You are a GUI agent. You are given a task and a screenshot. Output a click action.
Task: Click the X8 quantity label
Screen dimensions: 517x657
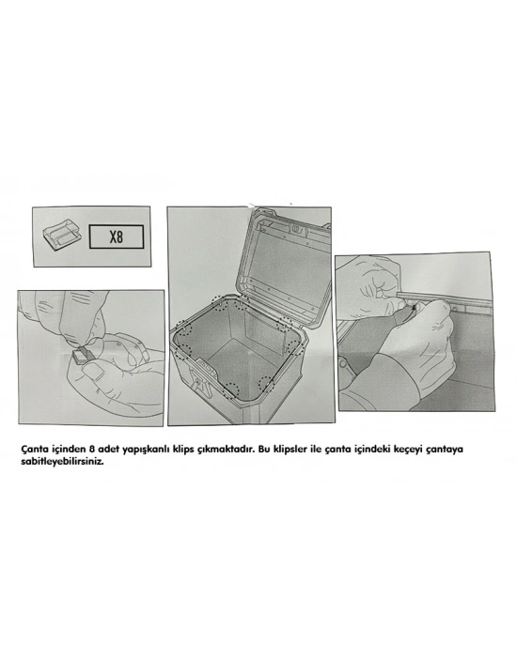pos(117,237)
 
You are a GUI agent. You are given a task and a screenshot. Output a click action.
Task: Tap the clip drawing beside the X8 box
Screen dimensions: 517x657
pos(62,236)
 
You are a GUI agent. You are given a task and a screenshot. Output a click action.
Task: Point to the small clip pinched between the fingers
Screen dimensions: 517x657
pos(83,354)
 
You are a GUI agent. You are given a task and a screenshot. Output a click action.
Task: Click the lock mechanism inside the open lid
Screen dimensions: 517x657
pos(298,229)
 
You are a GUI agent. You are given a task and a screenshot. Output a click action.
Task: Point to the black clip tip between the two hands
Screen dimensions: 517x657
pos(415,308)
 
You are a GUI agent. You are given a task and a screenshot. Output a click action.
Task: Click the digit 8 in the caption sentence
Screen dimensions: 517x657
pos(92,450)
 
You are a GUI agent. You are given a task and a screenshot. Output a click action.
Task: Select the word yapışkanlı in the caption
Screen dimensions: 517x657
pos(146,450)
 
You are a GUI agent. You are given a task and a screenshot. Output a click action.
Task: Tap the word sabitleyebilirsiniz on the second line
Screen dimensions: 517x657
pos(62,463)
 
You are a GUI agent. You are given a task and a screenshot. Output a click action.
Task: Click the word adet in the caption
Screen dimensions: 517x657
pos(108,450)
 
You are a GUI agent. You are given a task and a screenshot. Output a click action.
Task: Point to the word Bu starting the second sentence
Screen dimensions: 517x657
pos(264,450)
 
